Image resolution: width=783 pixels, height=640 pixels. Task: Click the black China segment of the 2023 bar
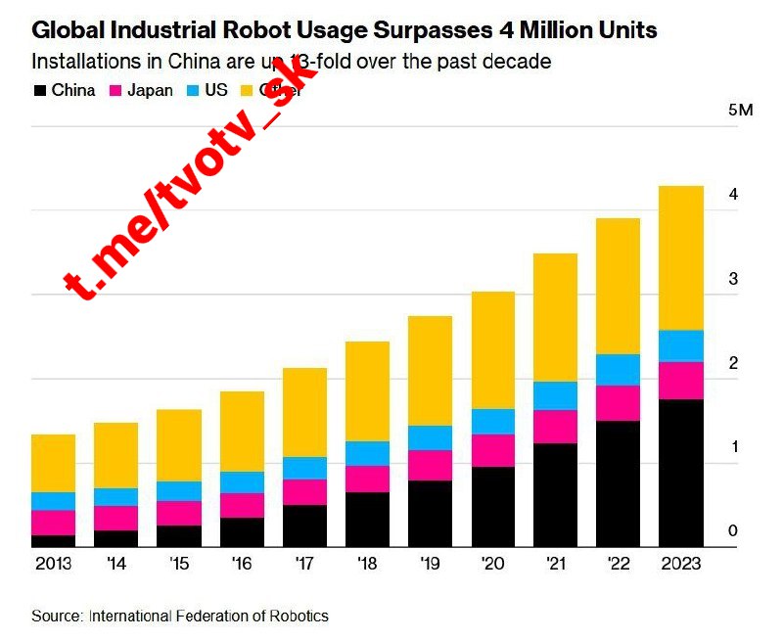click(681, 473)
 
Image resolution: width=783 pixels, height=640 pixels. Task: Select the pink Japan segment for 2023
click(681, 381)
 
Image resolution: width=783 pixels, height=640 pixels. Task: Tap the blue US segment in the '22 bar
click(619, 370)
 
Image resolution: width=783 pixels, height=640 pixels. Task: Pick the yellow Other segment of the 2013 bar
click(54, 463)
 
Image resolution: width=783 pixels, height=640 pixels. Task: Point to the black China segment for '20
click(493, 507)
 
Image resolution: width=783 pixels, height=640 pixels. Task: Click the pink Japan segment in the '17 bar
click(305, 492)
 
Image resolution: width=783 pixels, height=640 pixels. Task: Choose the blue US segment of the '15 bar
click(179, 491)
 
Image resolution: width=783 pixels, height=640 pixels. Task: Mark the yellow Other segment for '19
click(431, 371)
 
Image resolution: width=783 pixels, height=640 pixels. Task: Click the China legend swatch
click(40, 91)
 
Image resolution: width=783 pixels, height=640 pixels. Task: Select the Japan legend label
click(152, 91)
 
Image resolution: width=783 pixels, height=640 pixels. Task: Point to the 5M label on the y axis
click(741, 110)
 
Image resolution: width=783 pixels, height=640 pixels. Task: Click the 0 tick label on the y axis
click(733, 531)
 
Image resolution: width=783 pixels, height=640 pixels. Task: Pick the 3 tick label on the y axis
click(733, 280)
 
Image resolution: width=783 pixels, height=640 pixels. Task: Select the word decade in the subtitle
click(518, 62)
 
